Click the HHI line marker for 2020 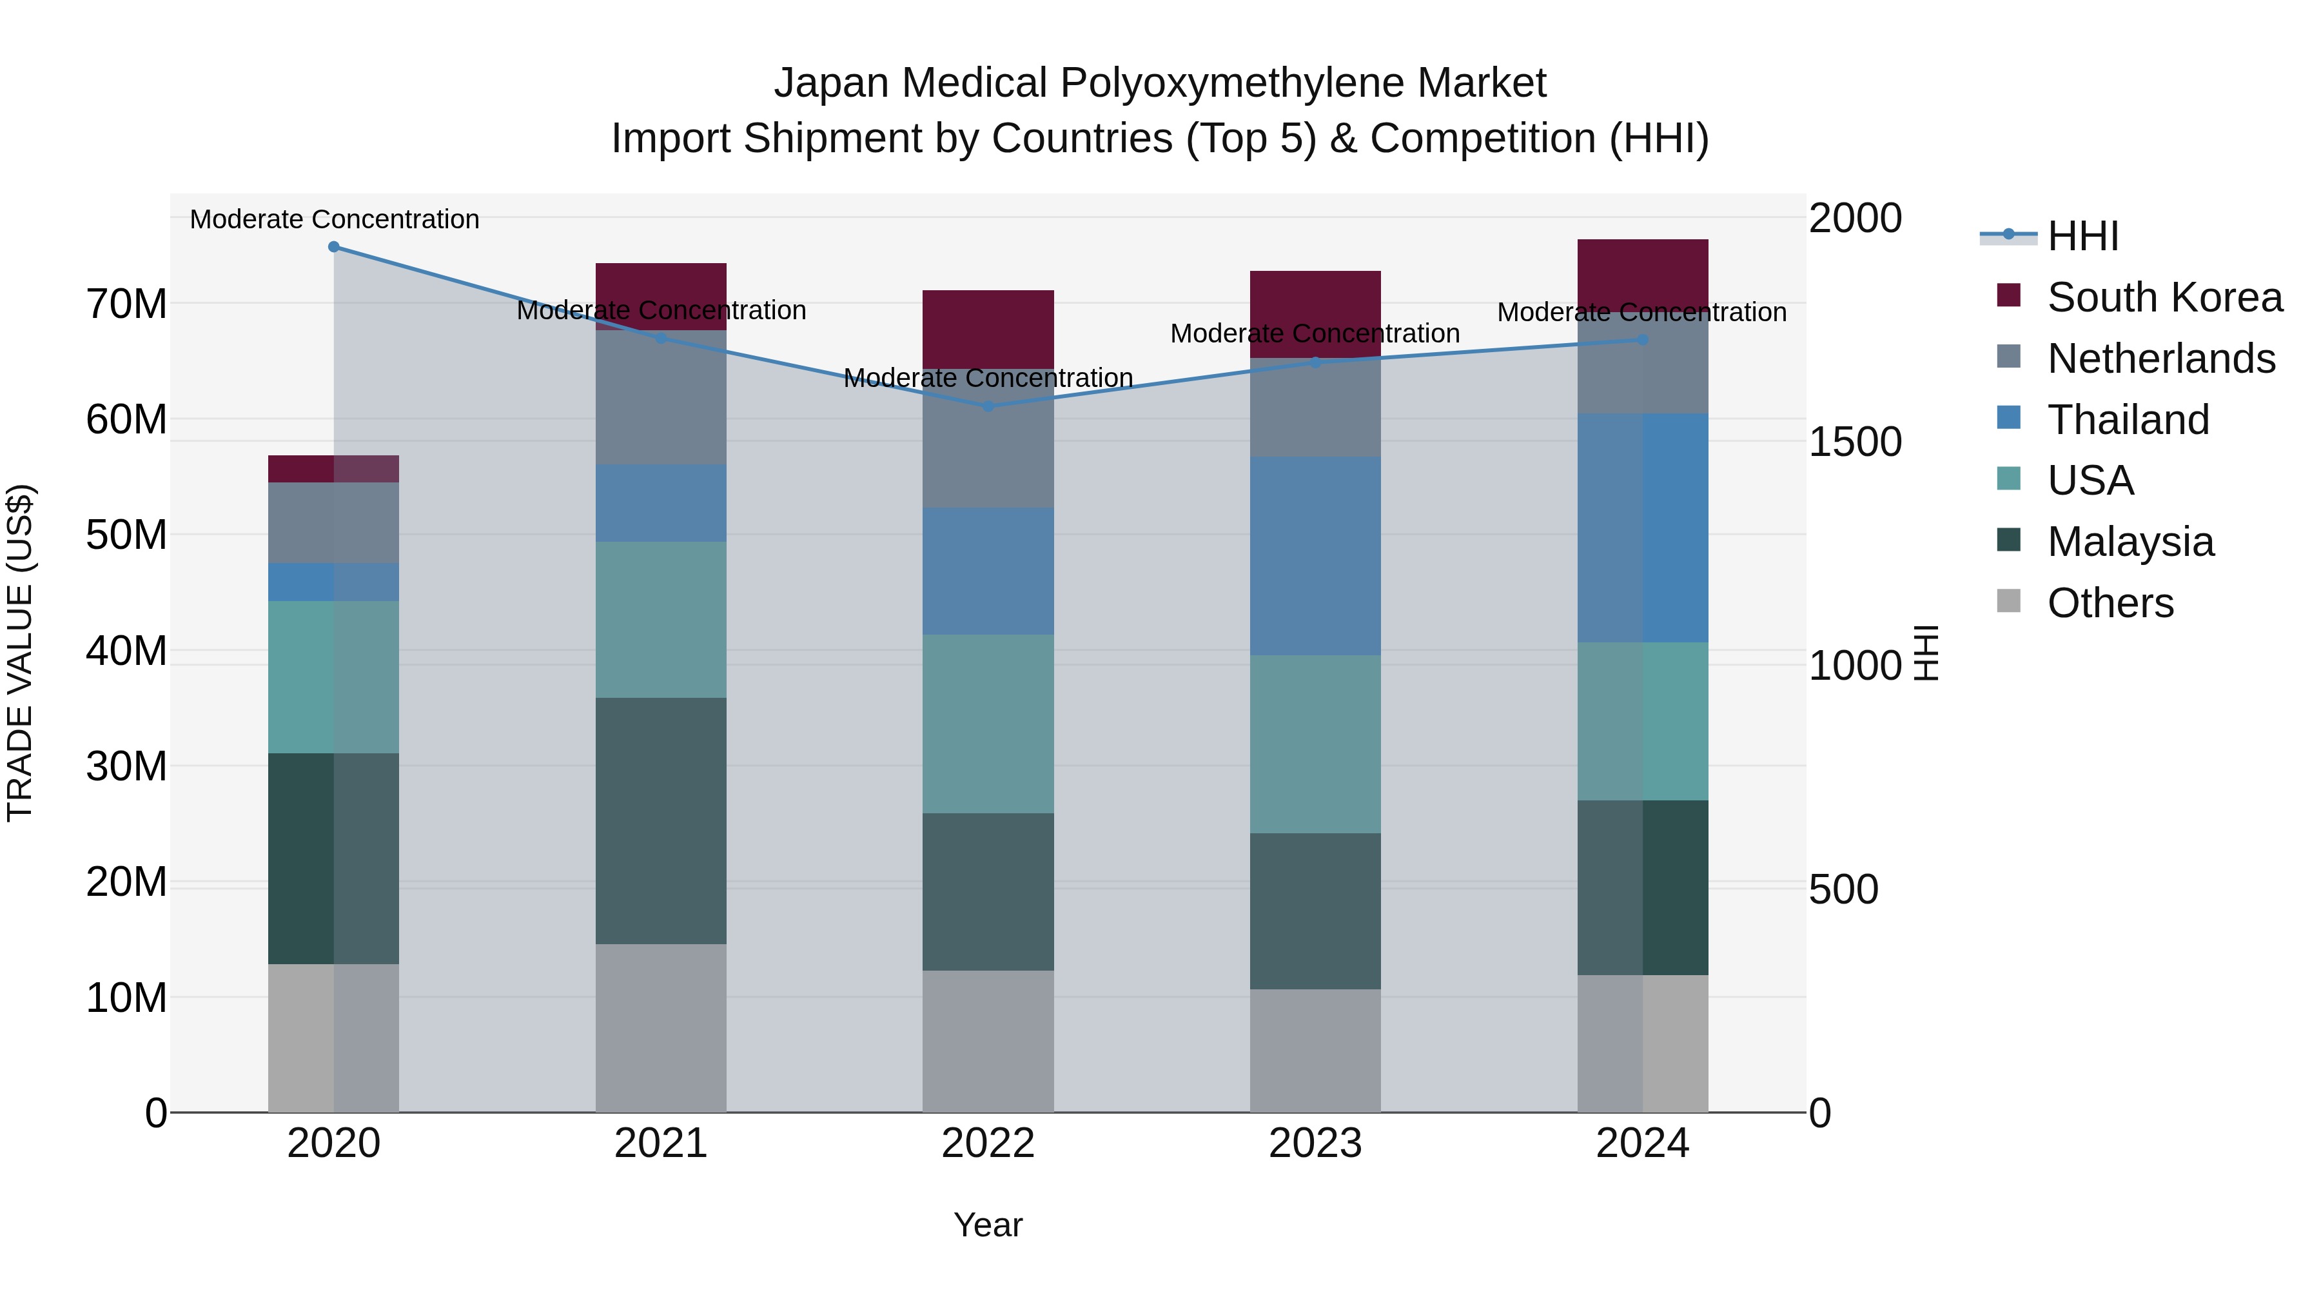click(x=333, y=247)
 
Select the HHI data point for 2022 click(x=988, y=406)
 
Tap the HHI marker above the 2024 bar click(x=1643, y=340)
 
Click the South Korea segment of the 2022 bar click(x=988, y=329)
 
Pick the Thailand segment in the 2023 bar click(x=1315, y=555)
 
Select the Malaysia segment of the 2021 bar click(x=660, y=820)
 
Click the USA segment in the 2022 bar click(x=988, y=724)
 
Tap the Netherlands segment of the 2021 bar click(x=660, y=397)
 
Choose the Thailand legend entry click(x=2128, y=420)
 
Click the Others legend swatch click(x=2008, y=601)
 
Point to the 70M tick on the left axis click(x=126, y=304)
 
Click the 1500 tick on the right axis click(x=1854, y=442)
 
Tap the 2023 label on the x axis click(x=1315, y=1143)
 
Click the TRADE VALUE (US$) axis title click(x=20, y=653)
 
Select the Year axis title click(x=988, y=1225)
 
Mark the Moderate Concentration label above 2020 click(x=334, y=219)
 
